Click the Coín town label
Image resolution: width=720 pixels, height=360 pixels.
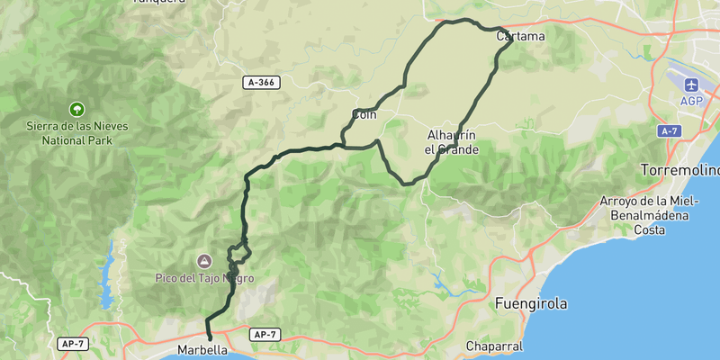point(364,114)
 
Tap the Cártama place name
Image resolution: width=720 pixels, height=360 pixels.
point(520,36)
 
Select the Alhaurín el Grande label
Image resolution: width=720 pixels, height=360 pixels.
point(451,142)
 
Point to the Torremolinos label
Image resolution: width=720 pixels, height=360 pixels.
point(680,169)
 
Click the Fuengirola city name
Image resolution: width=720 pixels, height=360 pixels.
point(531,304)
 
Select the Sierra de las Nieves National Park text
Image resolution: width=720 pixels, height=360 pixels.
point(76,132)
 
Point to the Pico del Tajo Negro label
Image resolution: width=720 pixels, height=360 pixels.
point(205,279)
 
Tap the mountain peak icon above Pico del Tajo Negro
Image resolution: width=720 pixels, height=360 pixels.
point(205,261)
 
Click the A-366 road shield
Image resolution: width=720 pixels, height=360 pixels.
point(261,83)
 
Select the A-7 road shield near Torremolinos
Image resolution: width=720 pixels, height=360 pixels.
point(668,131)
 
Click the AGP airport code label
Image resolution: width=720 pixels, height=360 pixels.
point(691,101)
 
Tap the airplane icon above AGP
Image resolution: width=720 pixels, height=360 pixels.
point(691,85)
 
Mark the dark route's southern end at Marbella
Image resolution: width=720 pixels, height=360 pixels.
point(210,339)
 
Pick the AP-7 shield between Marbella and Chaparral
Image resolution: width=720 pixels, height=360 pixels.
point(265,335)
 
